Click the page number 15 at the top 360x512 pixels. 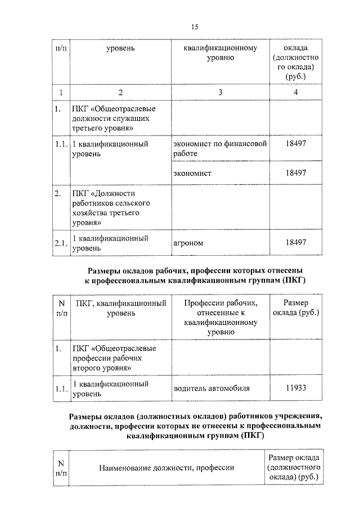[x=195, y=26]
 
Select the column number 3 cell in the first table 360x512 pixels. [x=220, y=92]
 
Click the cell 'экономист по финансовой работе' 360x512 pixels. [x=219, y=148]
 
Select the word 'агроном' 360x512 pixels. [x=188, y=243]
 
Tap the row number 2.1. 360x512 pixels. [x=61, y=243]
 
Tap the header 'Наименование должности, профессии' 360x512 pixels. [x=166, y=468]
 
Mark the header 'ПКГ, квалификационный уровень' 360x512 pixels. [x=121, y=308]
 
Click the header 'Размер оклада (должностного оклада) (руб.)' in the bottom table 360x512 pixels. [x=295, y=467]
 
